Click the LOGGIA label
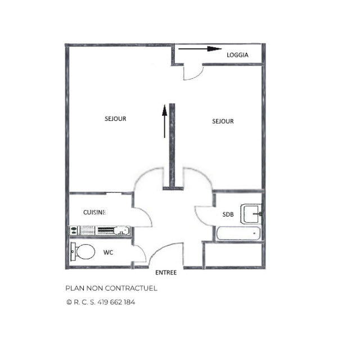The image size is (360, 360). [237, 55]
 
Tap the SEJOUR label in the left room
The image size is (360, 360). [115, 119]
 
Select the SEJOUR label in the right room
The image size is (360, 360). [223, 121]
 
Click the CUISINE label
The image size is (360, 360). [94, 212]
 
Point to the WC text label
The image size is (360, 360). [109, 253]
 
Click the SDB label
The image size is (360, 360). [228, 214]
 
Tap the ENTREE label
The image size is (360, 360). [166, 273]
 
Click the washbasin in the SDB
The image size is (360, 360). [251, 214]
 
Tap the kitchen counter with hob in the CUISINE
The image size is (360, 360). [100, 230]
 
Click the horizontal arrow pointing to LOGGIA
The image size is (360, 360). [200, 49]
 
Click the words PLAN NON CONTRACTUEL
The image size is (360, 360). [111, 288]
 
